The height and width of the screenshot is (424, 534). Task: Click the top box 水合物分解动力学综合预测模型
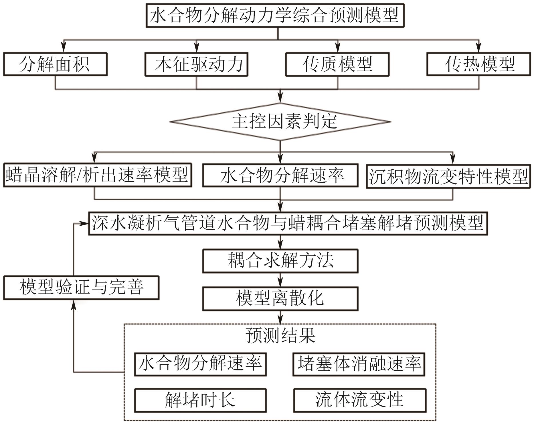(275, 15)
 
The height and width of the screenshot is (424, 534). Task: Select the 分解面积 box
(55, 64)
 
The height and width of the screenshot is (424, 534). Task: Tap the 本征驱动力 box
(196, 64)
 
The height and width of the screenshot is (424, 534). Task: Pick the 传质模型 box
(337, 64)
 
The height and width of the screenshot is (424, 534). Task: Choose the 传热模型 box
(478, 64)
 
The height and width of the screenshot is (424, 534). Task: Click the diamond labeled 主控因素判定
(280, 122)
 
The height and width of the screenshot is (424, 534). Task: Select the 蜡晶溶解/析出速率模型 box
(97, 175)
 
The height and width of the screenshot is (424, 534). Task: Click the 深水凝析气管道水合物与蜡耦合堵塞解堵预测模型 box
(288, 224)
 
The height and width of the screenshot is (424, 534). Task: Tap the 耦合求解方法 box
(280, 261)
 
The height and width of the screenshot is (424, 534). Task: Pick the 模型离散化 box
(280, 299)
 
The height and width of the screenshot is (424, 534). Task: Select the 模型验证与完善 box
(81, 288)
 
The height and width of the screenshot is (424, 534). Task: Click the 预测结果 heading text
(280, 335)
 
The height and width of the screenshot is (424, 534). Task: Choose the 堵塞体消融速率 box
(359, 364)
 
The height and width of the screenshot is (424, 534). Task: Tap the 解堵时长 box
(200, 400)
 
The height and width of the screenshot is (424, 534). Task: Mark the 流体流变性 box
(359, 400)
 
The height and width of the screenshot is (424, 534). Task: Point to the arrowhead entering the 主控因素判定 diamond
(280, 99)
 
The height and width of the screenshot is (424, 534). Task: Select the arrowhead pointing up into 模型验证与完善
(74, 305)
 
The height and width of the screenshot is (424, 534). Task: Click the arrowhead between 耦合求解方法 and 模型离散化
(280, 283)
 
